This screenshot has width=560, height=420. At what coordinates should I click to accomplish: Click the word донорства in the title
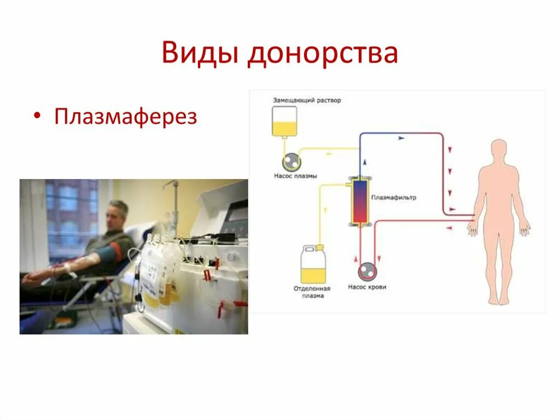(x=322, y=54)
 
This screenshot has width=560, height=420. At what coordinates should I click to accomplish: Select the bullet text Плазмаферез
(x=125, y=117)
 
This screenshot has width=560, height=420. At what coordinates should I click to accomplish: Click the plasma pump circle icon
(x=291, y=162)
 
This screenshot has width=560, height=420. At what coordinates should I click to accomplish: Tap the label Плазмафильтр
(x=393, y=198)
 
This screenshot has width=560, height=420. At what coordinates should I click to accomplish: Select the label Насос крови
(x=366, y=286)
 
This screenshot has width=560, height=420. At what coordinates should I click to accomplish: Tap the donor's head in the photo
(x=118, y=214)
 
